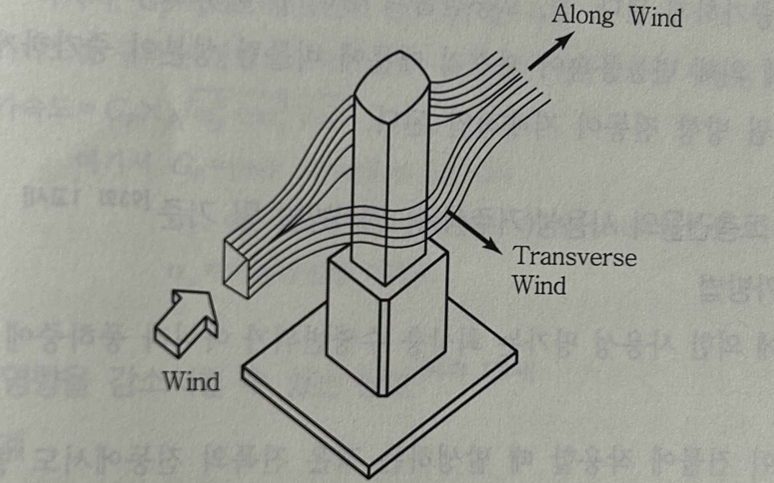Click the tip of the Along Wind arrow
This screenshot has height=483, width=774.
575,32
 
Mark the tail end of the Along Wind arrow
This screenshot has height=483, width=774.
529,70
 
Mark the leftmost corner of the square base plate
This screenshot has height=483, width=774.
243,371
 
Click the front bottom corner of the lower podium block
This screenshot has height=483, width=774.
384,396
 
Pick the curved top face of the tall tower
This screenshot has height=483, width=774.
391,86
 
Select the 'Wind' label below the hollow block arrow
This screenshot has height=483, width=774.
191,381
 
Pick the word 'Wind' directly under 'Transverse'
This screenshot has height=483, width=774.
539,285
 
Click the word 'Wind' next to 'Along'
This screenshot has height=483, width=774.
655,18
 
